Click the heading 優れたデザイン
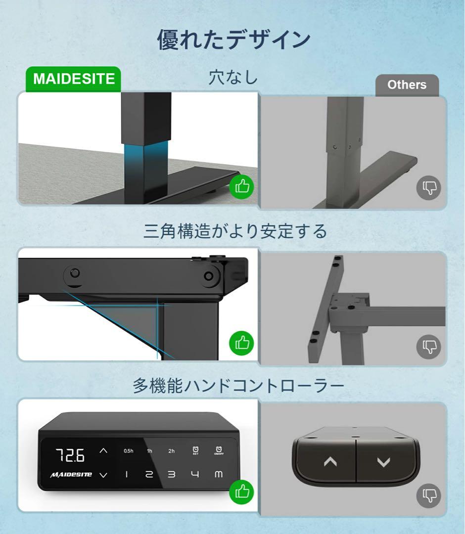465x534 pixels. (x=233, y=39)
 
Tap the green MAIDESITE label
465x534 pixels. (x=74, y=79)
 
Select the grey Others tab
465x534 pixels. (x=407, y=85)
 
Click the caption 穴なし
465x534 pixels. (x=233, y=78)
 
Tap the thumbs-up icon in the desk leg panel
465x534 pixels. (x=241, y=187)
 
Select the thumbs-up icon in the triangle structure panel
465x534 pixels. (x=241, y=342)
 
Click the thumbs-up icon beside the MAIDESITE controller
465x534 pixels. (x=241, y=491)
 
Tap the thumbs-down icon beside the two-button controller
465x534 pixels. (x=428, y=494)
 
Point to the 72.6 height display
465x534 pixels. (x=69, y=455)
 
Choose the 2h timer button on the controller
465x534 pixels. (x=171, y=451)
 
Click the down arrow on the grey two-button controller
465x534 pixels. (x=383, y=462)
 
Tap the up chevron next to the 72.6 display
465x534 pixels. (x=103, y=451)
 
